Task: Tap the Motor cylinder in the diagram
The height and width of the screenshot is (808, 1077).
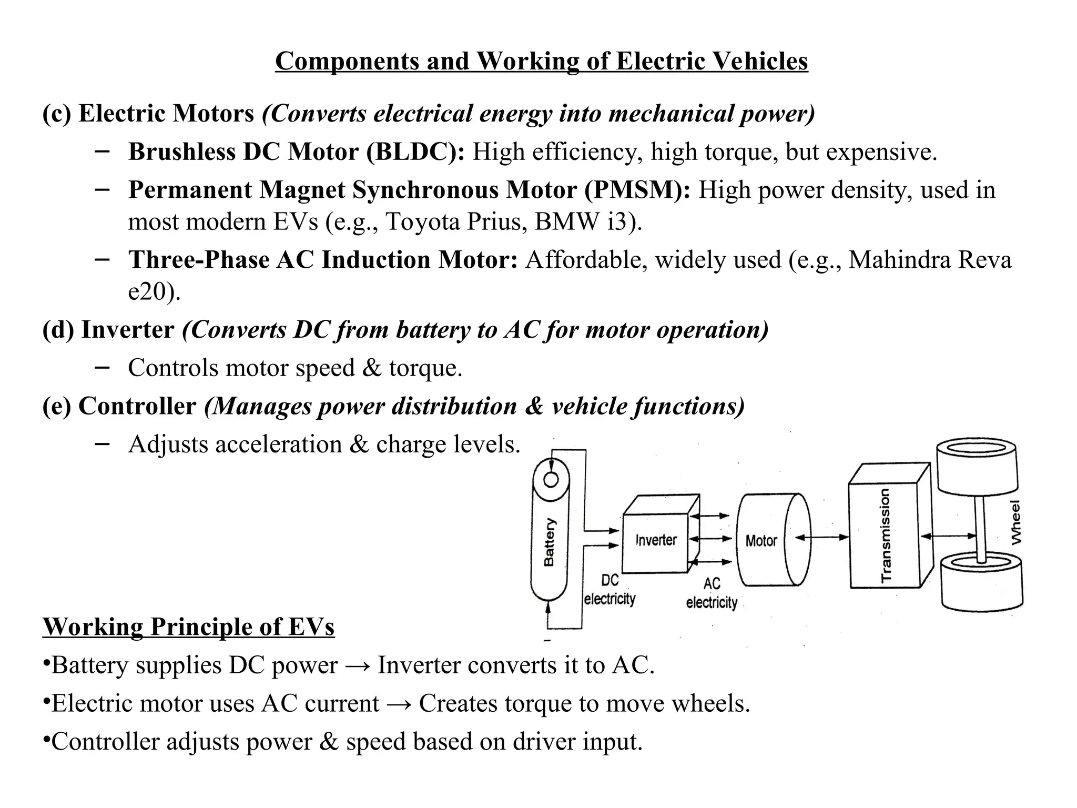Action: click(761, 540)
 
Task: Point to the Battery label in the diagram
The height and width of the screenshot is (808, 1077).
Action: click(549, 542)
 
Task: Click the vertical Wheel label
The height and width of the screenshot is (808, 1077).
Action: click(1016, 522)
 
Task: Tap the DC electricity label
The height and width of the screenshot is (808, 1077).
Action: click(610, 590)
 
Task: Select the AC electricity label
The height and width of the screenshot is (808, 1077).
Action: click(712, 593)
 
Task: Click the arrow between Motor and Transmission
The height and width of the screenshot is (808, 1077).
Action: click(822, 537)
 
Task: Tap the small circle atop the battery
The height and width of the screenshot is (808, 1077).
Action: click(551, 479)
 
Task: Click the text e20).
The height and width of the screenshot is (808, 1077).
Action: click(154, 291)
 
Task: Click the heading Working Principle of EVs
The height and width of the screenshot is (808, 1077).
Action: click(188, 627)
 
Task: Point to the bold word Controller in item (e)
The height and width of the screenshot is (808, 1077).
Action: click(137, 406)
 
